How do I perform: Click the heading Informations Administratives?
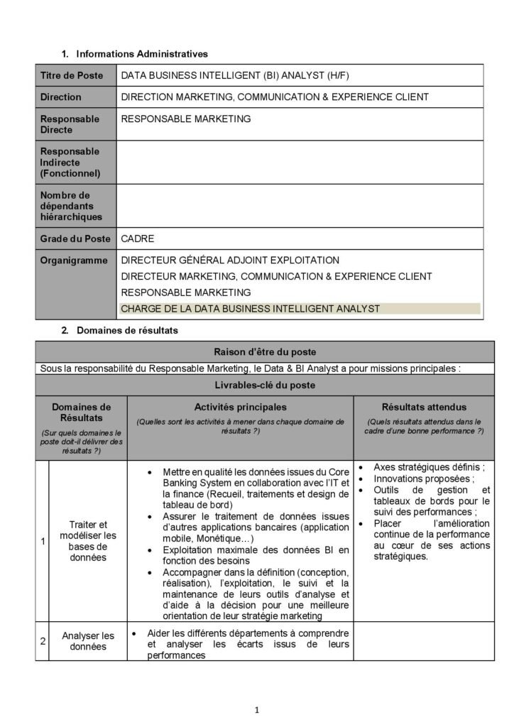pyautogui.click(x=141, y=53)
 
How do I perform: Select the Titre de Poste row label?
pyautogui.click(x=71, y=75)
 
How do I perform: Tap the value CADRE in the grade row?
pyautogui.click(x=137, y=239)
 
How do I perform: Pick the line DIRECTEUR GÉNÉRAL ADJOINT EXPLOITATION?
pyautogui.click(x=230, y=260)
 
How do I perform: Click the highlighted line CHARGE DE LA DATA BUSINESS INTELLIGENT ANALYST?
pyautogui.click(x=251, y=308)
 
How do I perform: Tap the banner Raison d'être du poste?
pyautogui.click(x=265, y=351)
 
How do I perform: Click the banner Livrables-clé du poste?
pyautogui.click(x=265, y=385)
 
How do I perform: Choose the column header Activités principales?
pyautogui.click(x=241, y=407)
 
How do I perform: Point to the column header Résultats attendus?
pyautogui.click(x=424, y=407)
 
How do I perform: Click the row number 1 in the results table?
pyautogui.click(x=43, y=542)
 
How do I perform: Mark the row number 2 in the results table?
pyautogui.click(x=43, y=641)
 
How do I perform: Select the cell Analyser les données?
pyautogui.click(x=88, y=641)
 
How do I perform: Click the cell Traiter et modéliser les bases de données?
pyautogui.click(x=88, y=542)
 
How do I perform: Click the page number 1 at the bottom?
pyautogui.click(x=257, y=709)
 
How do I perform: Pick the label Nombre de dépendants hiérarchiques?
pyautogui.click(x=71, y=205)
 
